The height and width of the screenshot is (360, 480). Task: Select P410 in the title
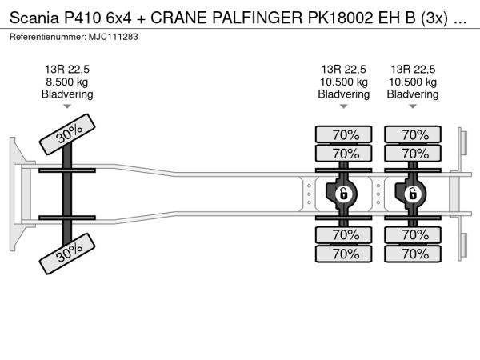click(x=90, y=17)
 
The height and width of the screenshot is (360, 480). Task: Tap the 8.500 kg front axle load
click(x=67, y=82)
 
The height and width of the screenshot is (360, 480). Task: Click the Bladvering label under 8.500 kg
click(x=67, y=94)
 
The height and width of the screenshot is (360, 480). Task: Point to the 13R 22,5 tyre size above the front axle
click(x=67, y=69)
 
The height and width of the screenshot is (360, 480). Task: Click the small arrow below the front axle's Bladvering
click(x=67, y=106)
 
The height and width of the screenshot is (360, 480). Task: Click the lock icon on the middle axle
click(x=342, y=194)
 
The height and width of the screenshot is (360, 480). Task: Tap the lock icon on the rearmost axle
click(x=413, y=194)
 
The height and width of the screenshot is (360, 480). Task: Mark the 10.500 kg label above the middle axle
click(x=344, y=82)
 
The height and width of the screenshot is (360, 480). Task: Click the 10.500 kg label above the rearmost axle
click(x=413, y=82)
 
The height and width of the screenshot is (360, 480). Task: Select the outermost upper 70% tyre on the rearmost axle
click(x=414, y=134)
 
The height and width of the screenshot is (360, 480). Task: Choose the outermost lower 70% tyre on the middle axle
click(x=345, y=254)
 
